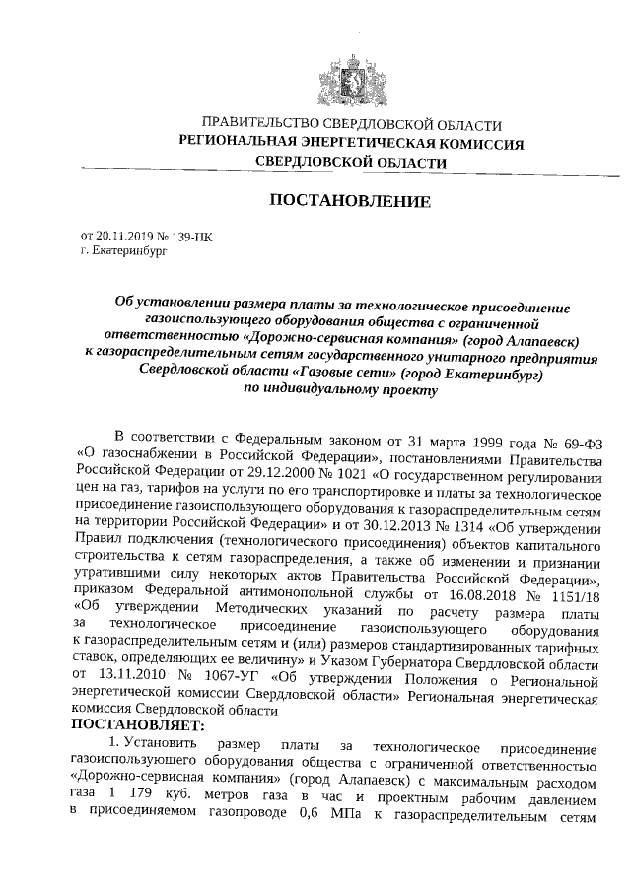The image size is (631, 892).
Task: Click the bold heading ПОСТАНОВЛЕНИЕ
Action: pos(350,202)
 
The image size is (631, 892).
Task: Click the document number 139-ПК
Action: pos(190,238)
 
